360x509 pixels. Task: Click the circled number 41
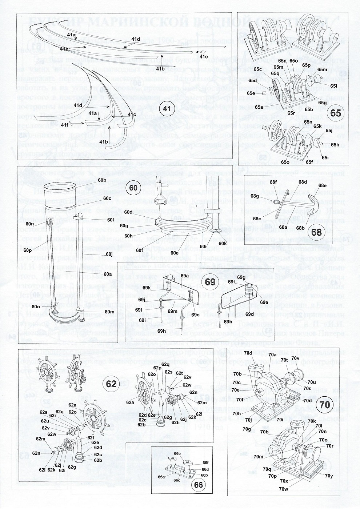pos(166,108)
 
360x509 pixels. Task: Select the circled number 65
pos(336,113)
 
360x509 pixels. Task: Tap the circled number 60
pos(133,188)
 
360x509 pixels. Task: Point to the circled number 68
pos(316,232)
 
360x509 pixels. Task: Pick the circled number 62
pos(111,383)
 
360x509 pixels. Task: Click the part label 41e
pos(203,56)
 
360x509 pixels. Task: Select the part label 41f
pos(65,125)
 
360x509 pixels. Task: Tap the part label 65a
pos(259,107)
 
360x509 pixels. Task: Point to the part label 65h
pos(335,145)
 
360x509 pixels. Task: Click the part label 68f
pos(273,182)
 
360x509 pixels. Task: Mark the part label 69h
pos(161,331)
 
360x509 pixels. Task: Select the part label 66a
pos(161,476)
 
